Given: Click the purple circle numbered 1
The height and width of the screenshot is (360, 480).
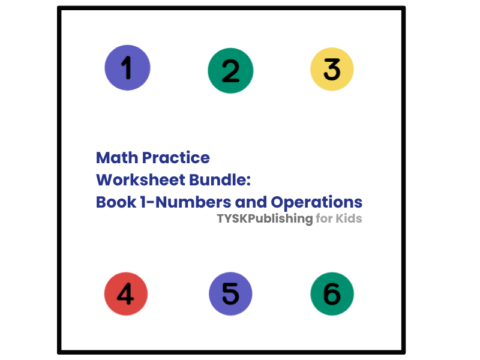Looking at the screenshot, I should click(127, 68).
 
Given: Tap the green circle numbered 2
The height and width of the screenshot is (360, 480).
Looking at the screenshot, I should click(230, 71).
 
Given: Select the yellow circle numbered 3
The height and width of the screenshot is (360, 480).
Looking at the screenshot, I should click(332, 69).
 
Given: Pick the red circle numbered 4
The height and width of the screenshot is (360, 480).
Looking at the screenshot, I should click(126, 294).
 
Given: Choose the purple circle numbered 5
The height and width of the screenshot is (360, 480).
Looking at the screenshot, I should click(230, 294).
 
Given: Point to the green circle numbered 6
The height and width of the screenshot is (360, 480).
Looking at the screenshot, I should click(332, 294).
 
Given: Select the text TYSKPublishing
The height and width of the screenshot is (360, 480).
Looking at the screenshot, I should click(265, 219).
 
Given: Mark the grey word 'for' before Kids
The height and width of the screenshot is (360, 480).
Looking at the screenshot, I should click(323, 219).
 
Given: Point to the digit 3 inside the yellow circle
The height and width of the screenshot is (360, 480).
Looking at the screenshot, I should click(332, 69).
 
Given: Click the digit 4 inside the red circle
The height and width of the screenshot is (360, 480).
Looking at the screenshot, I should click(125, 294).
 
